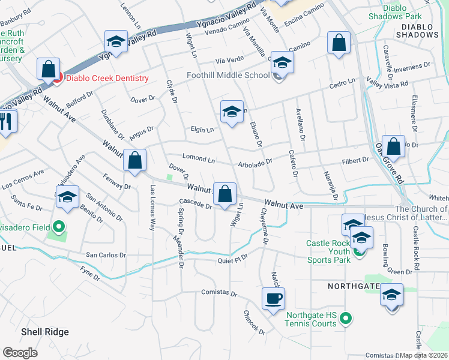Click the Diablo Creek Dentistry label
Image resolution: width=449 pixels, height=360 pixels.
(107, 78)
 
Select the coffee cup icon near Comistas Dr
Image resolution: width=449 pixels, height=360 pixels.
(273, 298)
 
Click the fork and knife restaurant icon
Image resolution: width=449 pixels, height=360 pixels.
(7, 121)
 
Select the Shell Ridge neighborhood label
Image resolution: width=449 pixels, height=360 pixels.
(45, 332)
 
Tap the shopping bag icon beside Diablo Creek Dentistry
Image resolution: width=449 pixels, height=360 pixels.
(48, 69)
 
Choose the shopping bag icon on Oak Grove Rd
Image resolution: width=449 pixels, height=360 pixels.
(393, 146)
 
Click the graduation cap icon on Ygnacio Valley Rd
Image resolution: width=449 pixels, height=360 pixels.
(116, 41)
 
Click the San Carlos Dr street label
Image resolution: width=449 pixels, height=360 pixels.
(106, 255)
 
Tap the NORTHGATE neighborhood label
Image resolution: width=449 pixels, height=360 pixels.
(351, 287)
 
